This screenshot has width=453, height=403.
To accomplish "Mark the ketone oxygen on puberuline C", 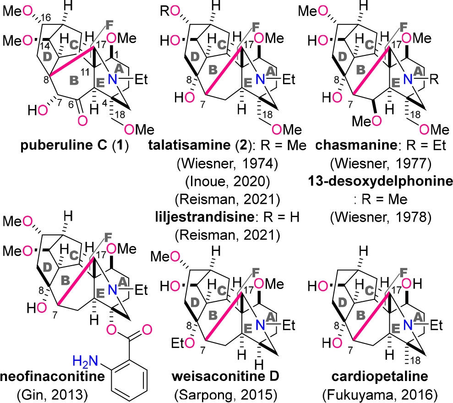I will pyautogui.click(x=82, y=120).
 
